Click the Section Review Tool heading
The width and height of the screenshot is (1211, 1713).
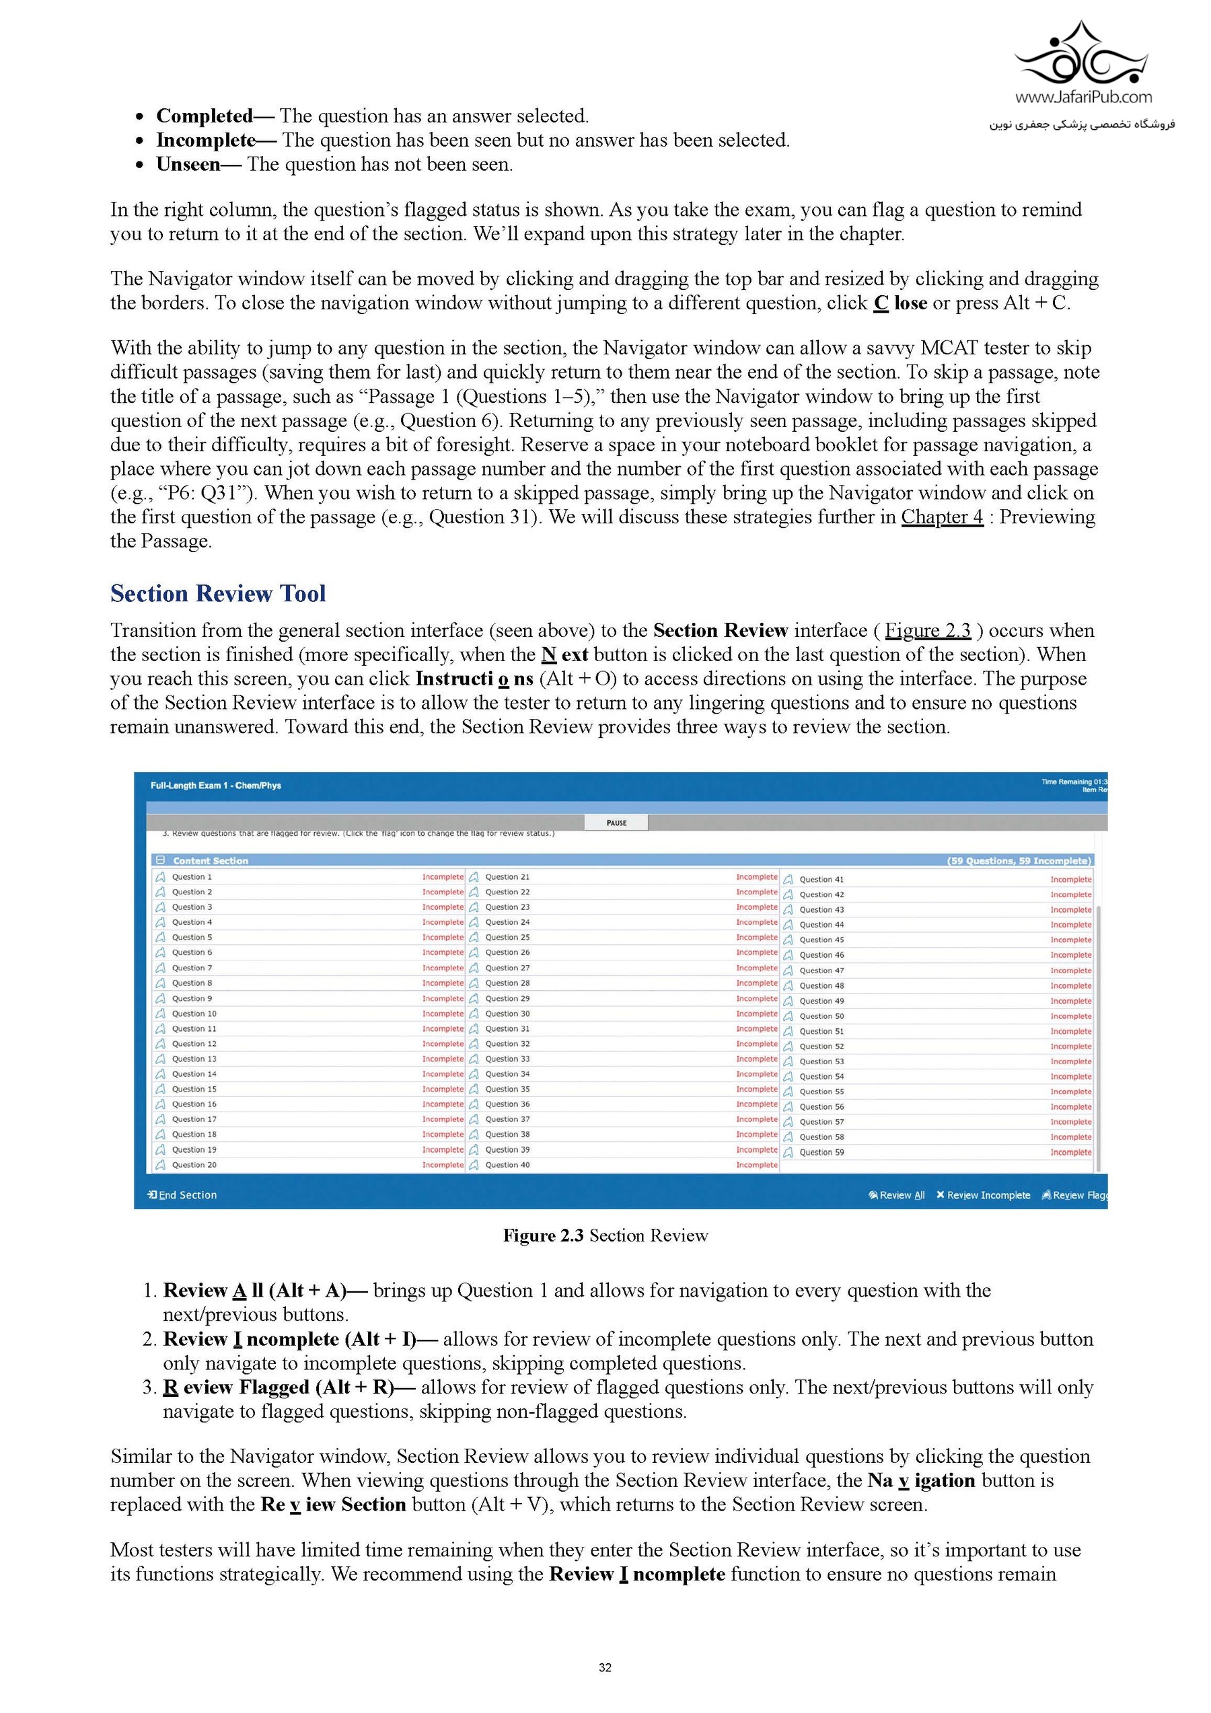pyautogui.click(x=218, y=593)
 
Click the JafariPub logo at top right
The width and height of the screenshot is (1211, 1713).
pyautogui.click(x=1082, y=56)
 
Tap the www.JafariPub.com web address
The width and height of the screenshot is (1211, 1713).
pyautogui.click(x=1082, y=97)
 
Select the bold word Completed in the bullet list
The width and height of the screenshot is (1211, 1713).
pyautogui.click(x=205, y=116)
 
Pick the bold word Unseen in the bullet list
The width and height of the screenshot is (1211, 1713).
pyautogui.click(x=188, y=165)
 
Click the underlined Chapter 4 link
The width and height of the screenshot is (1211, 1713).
pyautogui.click(x=942, y=517)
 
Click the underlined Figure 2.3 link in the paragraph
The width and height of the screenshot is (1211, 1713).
pyautogui.click(x=928, y=630)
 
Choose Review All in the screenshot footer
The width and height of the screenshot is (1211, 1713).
pyautogui.click(x=897, y=1195)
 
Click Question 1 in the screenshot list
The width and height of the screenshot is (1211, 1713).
pyautogui.click(x=192, y=876)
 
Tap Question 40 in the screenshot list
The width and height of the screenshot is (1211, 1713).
pyautogui.click(x=507, y=1165)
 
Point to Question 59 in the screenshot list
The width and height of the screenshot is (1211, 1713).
pyautogui.click(x=821, y=1152)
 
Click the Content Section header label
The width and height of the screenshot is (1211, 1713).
pyautogui.click(x=211, y=861)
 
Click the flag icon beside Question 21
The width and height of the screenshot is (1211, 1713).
pyautogui.click(x=474, y=876)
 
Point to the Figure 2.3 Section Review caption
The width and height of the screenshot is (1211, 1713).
pyautogui.click(x=605, y=1235)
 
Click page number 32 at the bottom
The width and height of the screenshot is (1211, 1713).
pyautogui.click(x=605, y=1667)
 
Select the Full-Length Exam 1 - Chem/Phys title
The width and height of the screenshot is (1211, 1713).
pyautogui.click(x=216, y=786)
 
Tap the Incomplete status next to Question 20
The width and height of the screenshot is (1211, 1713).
pyautogui.click(x=443, y=1165)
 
